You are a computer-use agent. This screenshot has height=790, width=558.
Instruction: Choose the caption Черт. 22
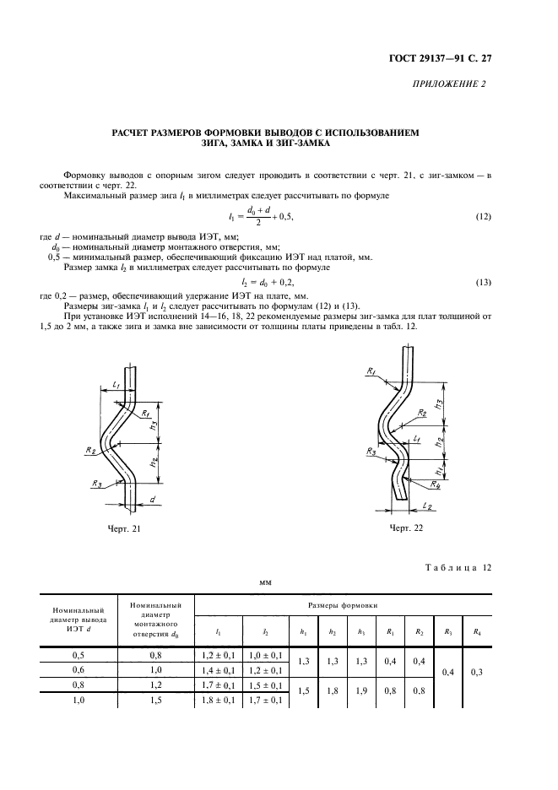point(405,528)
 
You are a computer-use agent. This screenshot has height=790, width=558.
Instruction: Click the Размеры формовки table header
point(342,606)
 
